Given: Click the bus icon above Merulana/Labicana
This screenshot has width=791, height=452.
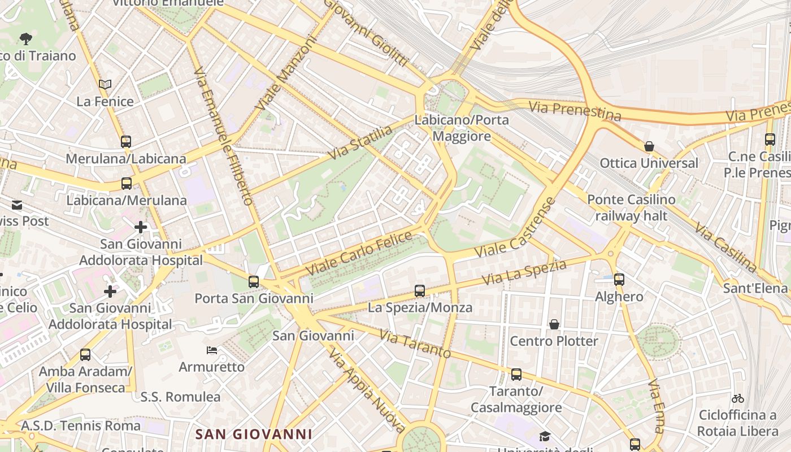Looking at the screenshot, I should [126, 141].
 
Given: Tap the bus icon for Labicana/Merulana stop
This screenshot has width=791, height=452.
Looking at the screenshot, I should [127, 183].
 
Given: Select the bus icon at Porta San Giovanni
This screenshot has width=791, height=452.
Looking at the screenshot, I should [254, 281].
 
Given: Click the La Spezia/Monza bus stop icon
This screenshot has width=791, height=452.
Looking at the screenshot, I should [419, 291].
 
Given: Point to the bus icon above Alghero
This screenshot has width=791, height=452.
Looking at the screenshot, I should [619, 279].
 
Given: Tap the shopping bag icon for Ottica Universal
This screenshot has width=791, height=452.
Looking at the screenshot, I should [649, 146].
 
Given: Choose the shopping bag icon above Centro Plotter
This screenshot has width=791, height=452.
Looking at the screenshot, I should [554, 324].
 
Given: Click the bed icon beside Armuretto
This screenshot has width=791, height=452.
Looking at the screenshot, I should [212, 350].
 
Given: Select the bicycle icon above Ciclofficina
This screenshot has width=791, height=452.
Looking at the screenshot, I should [737, 398].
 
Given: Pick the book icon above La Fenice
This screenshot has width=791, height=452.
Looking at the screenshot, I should [105, 85].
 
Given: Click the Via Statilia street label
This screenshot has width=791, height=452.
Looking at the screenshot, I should [361, 142].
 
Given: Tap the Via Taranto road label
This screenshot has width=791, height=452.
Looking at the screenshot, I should [415, 344].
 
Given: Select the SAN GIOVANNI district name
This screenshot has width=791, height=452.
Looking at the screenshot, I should [254, 434].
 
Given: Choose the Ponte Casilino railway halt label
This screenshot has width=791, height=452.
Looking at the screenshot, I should [631, 207].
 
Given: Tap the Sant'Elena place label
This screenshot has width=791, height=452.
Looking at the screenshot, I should [755, 289].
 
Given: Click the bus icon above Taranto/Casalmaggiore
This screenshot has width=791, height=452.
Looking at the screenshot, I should [516, 375].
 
